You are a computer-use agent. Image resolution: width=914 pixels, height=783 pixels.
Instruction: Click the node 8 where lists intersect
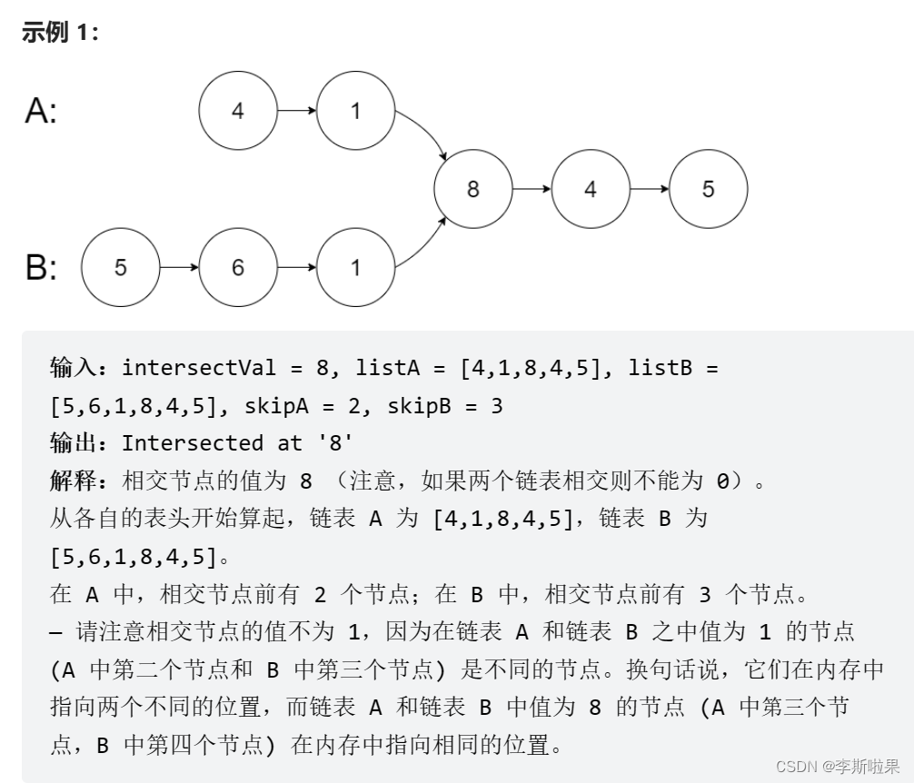coord(472,189)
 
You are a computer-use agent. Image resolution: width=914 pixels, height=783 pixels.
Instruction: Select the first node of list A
coord(238,111)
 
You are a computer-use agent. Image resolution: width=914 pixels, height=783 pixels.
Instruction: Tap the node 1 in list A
coord(355,111)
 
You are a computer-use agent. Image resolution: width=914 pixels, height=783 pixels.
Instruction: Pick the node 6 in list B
coord(238,268)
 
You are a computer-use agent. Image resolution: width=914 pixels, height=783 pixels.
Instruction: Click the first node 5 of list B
coord(121,268)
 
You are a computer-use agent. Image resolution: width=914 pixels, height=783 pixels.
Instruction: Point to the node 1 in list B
coord(355,268)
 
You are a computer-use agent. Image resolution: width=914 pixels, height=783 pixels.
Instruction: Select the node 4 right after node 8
coord(591,189)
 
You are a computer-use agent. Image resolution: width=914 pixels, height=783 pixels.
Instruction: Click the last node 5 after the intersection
coord(708,189)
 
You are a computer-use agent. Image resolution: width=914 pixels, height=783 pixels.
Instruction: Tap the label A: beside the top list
coord(41,111)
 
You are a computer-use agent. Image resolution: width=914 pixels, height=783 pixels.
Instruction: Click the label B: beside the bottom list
coord(41,268)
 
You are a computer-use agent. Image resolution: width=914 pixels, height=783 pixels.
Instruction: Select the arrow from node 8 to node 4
coord(532,189)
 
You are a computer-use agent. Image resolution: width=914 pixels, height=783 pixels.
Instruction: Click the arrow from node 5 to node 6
coord(179,268)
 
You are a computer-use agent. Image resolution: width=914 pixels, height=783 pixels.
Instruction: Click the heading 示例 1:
coord(60,33)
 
